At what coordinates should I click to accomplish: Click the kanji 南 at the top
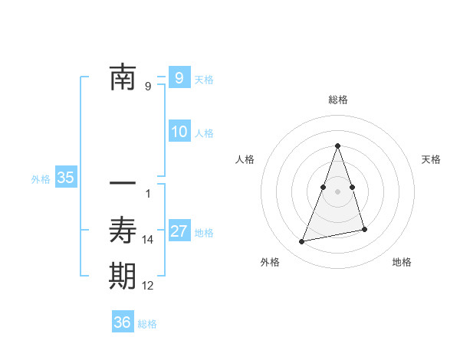pyautogui.click(x=123, y=79)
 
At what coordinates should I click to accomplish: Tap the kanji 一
pyautogui.click(x=123, y=184)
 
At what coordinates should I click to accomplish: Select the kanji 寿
pyautogui.click(x=123, y=230)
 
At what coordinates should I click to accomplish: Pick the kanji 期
pyautogui.click(x=123, y=276)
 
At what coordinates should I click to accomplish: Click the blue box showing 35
pyautogui.click(x=65, y=178)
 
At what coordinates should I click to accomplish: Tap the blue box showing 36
pyautogui.click(x=123, y=322)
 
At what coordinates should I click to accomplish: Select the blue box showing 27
pyautogui.click(x=179, y=231)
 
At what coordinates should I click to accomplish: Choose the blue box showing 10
pyautogui.click(x=179, y=132)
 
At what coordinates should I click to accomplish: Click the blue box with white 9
pyautogui.click(x=179, y=78)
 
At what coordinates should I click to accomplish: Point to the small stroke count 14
pyautogui.click(x=148, y=240)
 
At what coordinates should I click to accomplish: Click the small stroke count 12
pyautogui.click(x=148, y=286)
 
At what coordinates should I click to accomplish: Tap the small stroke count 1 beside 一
pyautogui.click(x=148, y=194)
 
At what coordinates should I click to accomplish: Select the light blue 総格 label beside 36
pyautogui.click(x=147, y=324)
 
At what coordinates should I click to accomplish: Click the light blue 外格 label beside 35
pyautogui.click(x=41, y=179)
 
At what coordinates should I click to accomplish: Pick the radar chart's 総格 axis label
pyautogui.click(x=337, y=100)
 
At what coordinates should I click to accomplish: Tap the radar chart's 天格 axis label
pyautogui.click(x=432, y=159)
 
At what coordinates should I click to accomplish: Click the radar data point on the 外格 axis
pyautogui.click(x=302, y=242)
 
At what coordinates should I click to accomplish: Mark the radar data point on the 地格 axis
pyautogui.click(x=365, y=230)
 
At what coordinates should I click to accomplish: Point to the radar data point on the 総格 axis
pyautogui.click(x=337, y=146)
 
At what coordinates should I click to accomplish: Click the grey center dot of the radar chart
pyautogui.click(x=337, y=191)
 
